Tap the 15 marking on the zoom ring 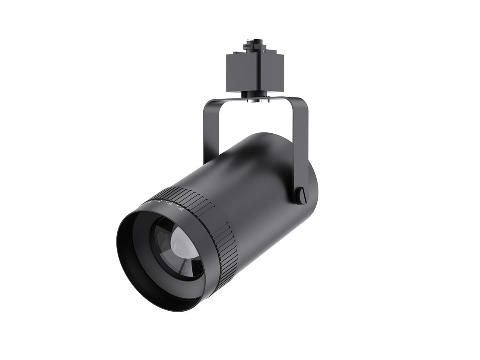pos(182,208)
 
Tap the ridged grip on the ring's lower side pos(226,256)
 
